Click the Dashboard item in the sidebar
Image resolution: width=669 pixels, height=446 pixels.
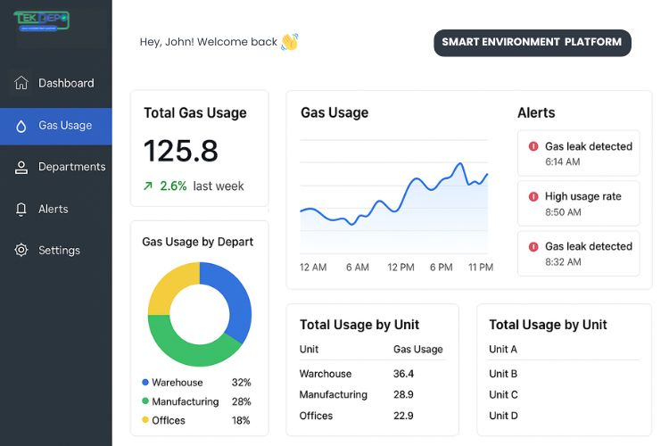click(65, 83)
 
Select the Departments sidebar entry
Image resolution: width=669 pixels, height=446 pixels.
click(71, 167)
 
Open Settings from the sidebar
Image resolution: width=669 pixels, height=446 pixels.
click(59, 251)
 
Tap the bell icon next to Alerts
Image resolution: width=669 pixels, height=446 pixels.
click(21, 209)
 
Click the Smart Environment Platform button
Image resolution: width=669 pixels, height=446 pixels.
click(532, 43)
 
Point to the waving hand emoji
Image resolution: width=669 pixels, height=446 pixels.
click(289, 42)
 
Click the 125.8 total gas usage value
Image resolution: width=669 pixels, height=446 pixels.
click(181, 151)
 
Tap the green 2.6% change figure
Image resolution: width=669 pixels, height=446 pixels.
click(173, 186)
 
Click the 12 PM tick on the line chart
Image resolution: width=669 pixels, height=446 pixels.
click(401, 268)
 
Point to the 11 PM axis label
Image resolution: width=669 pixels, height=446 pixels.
click(481, 268)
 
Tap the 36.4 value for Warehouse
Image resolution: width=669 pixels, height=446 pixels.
click(403, 374)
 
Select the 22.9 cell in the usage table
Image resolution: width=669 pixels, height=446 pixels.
click(403, 416)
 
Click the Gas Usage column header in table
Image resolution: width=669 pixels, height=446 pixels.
click(417, 349)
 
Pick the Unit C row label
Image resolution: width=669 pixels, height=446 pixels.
click(503, 394)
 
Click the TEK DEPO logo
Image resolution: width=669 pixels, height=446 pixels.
click(41, 20)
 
